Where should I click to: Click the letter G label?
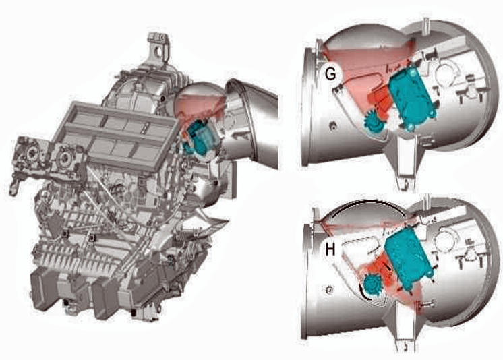point(331,73)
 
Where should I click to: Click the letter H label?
point(330,249)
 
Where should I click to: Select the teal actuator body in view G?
point(411,96)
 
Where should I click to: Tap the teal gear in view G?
point(374,121)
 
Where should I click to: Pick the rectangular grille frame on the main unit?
point(115,136)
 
